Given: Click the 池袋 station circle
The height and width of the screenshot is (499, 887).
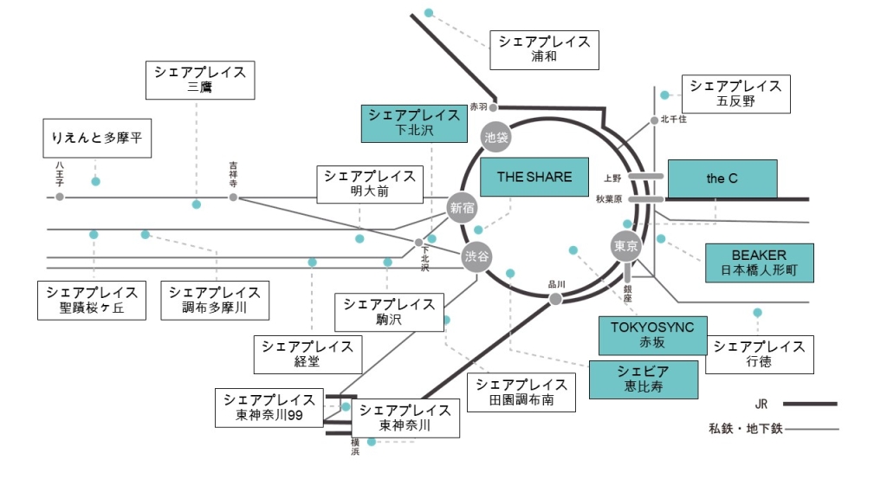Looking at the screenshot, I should (x=495, y=136).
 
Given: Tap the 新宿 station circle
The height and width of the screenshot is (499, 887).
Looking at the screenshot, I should (x=463, y=207).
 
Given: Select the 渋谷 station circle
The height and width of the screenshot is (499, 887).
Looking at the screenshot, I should (x=476, y=256).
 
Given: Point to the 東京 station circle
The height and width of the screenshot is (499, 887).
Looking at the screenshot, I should (x=625, y=246).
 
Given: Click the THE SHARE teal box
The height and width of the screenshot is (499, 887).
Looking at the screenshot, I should (x=534, y=178).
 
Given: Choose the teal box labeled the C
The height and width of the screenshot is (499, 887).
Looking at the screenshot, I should (x=722, y=179).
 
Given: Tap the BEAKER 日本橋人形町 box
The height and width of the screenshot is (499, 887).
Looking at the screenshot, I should (x=759, y=262).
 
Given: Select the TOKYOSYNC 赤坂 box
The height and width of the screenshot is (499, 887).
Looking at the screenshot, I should (x=652, y=335).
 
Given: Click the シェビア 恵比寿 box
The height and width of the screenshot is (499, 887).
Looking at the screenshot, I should (x=643, y=379).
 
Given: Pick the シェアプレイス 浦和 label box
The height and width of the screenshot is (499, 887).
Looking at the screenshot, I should (x=544, y=49).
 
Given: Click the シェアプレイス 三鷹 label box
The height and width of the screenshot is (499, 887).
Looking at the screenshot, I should (x=200, y=80).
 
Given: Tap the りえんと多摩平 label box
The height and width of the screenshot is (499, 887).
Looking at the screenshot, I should (x=97, y=139).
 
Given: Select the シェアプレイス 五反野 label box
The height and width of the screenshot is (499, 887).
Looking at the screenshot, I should (x=736, y=94).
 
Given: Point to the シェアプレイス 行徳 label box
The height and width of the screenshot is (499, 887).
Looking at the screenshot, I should (x=759, y=354).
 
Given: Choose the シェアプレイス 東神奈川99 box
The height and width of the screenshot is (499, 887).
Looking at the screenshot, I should (x=269, y=408).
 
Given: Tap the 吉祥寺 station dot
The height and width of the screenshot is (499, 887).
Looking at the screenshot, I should (x=233, y=198).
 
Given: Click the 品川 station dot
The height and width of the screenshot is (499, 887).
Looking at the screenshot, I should (x=556, y=299).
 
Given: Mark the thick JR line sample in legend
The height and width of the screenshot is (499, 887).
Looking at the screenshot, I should (x=810, y=404).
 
